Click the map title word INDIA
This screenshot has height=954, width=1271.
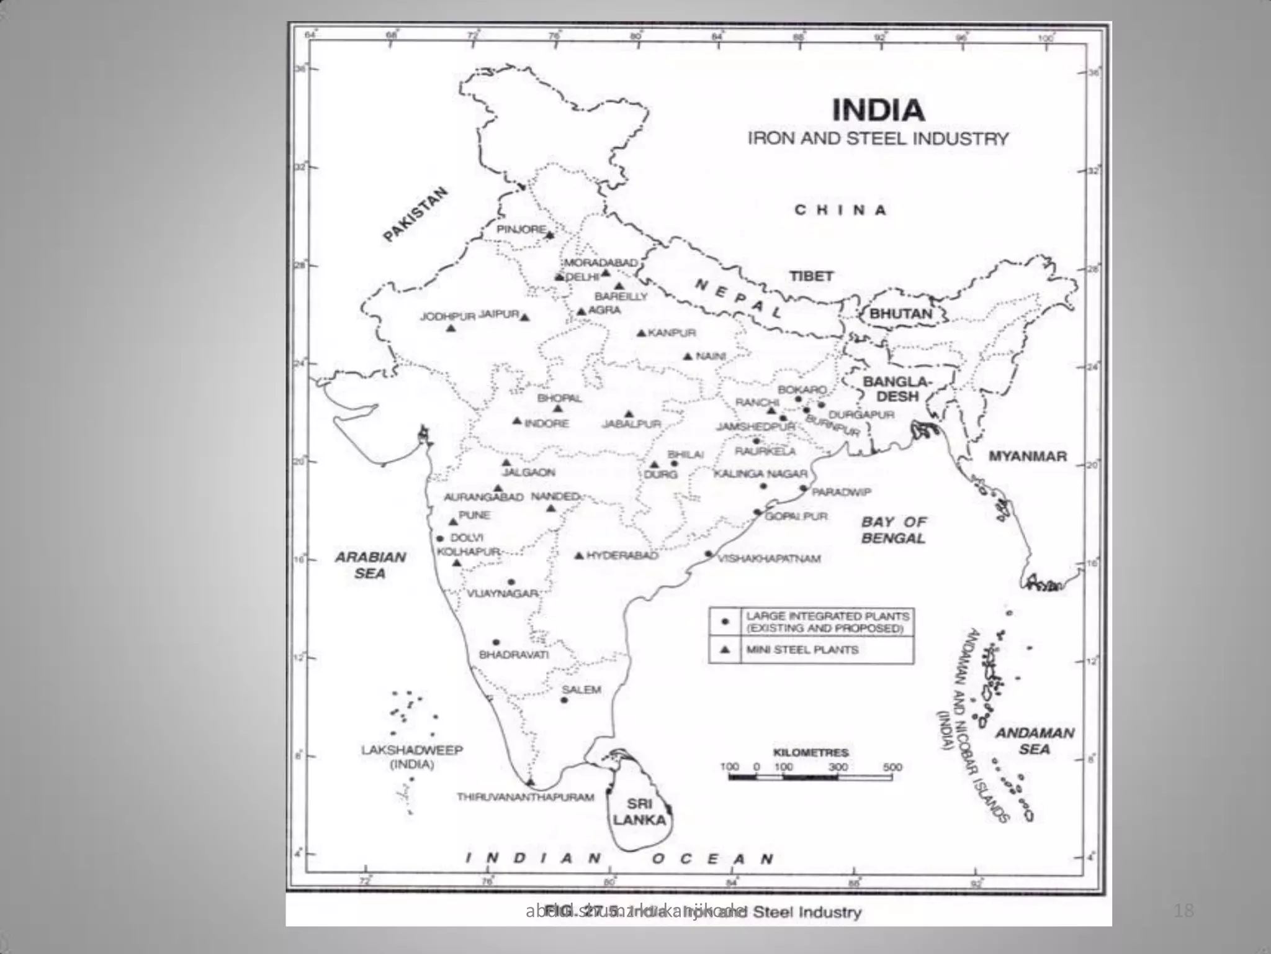pos(878,111)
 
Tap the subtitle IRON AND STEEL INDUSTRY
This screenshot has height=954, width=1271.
pos(878,139)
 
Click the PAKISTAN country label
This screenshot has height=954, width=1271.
pos(415,214)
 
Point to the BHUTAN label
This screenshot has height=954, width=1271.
pos(900,314)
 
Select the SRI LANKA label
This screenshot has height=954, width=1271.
pos(639,811)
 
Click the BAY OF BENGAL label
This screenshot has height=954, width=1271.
pos(894,530)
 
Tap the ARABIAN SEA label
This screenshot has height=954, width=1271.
pos(371,565)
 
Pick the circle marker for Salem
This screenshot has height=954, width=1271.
pos(564,700)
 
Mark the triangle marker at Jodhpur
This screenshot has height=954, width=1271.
pos(451,328)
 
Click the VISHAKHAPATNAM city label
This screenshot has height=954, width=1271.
pos(769,558)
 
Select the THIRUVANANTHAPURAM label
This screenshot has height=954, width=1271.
pos(526,797)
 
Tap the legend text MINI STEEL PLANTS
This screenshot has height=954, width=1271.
pos(802,650)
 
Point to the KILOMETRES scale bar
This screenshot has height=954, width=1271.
pos(810,776)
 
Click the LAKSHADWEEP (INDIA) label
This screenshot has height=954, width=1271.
pos(411,756)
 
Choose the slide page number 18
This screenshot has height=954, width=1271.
pos(1183,911)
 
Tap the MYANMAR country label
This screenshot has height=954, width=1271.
pos(1027,456)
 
